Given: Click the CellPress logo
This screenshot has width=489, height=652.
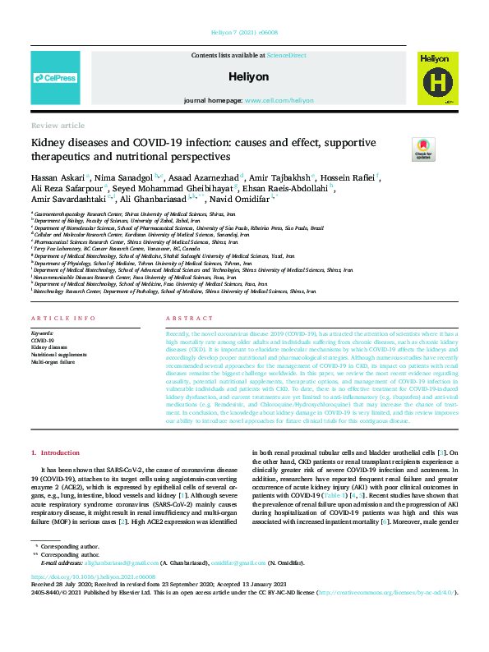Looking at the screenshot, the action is click(x=55, y=78).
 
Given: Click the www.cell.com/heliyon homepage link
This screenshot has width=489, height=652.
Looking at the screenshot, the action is click(x=279, y=100).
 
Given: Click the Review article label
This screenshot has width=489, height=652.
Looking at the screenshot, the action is click(x=57, y=126).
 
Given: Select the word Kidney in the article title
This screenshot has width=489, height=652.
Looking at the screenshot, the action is click(x=51, y=143).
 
